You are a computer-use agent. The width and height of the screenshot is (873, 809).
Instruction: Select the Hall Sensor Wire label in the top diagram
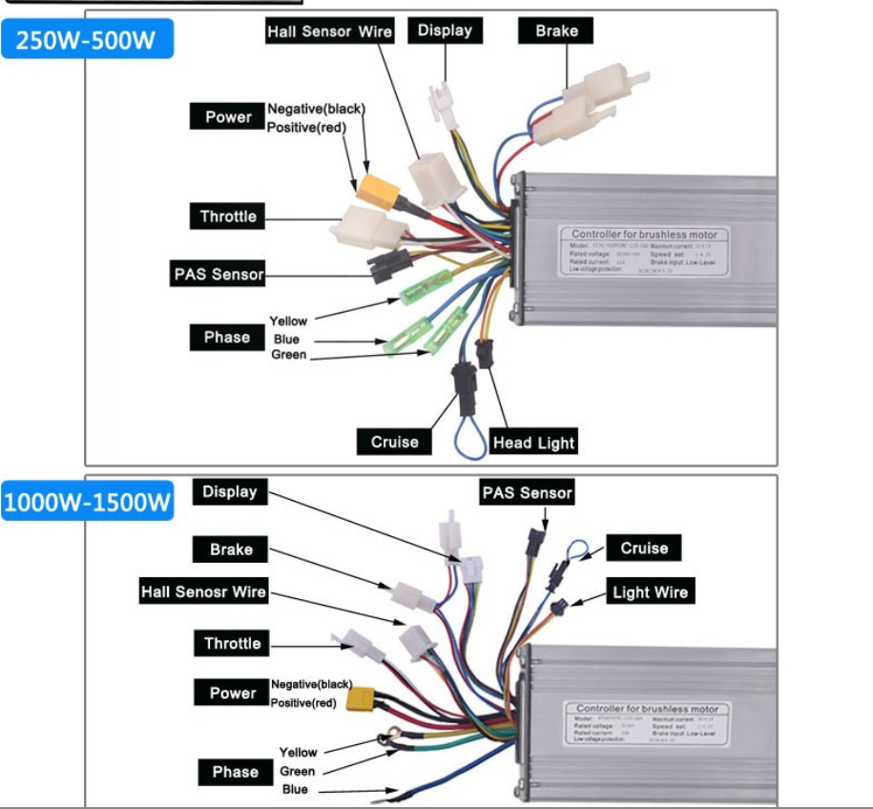pyautogui.click(x=329, y=31)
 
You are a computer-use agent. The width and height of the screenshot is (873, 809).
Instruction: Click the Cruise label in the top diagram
pyautogui.click(x=394, y=442)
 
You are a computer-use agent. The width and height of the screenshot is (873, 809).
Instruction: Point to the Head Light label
pyautogui.click(x=533, y=443)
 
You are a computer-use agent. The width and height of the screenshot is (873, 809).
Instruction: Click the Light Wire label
pyautogui.click(x=650, y=592)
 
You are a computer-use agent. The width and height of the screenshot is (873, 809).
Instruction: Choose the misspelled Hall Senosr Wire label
pyautogui.click(x=203, y=592)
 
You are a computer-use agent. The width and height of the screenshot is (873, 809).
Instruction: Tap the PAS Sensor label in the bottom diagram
pyautogui.click(x=527, y=493)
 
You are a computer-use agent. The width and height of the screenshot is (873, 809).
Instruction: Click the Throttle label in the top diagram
pyautogui.click(x=228, y=217)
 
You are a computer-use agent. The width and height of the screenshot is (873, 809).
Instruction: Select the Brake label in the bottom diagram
pyautogui.click(x=231, y=550)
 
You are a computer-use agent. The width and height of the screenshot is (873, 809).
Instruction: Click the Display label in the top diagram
pyautogui.click(x=445, y=31)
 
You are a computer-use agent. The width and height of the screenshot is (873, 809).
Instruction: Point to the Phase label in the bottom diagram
pyautogui.click(x=235, y=772)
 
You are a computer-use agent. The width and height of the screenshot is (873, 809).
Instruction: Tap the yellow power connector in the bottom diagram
pyautogui.click(x=364, y=703)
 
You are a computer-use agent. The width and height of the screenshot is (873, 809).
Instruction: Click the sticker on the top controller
pyautogui.click(x=643, y=251)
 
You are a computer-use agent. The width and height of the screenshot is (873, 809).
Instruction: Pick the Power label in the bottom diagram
pyautogui.click(x=233, y=694)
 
